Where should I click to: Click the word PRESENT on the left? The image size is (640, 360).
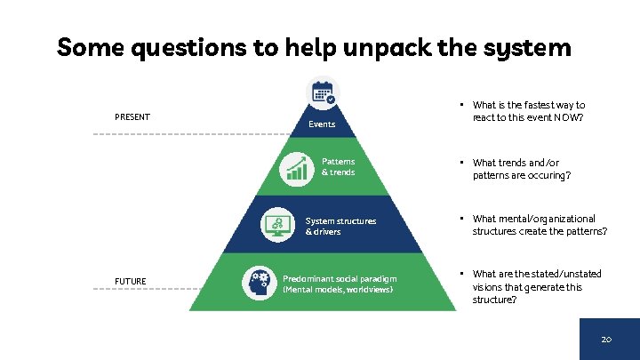click(x=132, y=116)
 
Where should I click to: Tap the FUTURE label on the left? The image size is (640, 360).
click(x=131, y=282)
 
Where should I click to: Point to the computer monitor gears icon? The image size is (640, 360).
click(x=276, y=225)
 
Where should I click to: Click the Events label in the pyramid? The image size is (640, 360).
click(x=322, y=124)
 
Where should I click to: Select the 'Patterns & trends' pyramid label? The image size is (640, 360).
click(x=338, y=167)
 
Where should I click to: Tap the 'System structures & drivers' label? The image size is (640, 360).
click(x=340, y=226)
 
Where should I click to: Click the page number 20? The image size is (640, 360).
click(x=606, y=340)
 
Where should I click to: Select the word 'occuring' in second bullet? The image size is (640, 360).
click(x=545, y=175)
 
